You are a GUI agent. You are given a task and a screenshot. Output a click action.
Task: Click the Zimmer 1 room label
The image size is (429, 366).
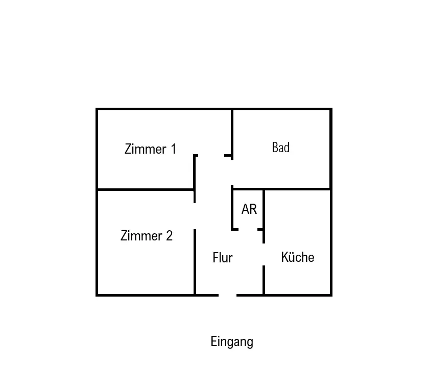(x=150, y=149)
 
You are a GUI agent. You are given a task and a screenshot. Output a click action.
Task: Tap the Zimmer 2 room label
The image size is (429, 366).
(x=147, y=236)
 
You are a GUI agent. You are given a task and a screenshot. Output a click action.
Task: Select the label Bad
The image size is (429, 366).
(x=281, y=148)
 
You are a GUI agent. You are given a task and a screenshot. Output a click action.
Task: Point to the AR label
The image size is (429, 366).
(x=249, y=209)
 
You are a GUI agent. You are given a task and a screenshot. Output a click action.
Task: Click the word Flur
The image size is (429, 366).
(x=223, y=258)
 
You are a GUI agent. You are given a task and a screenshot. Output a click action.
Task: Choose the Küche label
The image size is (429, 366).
(x=298, y=257)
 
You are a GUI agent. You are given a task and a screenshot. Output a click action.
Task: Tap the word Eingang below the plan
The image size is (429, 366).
(x=232, y=341)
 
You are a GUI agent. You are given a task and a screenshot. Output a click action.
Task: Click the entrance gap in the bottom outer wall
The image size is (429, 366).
(x=228, y=295)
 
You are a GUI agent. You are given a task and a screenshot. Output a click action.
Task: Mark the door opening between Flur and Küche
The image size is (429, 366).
(x=264, y=254)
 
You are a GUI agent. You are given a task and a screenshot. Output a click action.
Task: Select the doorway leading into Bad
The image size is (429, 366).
(x=232, y=172)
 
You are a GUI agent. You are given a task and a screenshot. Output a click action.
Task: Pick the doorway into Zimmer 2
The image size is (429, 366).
(x=195, y=216)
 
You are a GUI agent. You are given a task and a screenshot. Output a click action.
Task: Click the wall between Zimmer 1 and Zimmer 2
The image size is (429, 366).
(x=146, y=189)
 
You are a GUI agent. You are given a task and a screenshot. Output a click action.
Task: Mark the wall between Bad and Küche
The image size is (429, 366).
(x=298, y=189)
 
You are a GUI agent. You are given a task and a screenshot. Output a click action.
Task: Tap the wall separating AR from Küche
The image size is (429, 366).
(x=264, y=209)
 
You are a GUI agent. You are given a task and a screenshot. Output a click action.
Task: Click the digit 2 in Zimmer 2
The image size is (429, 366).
(x=169, y=236)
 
